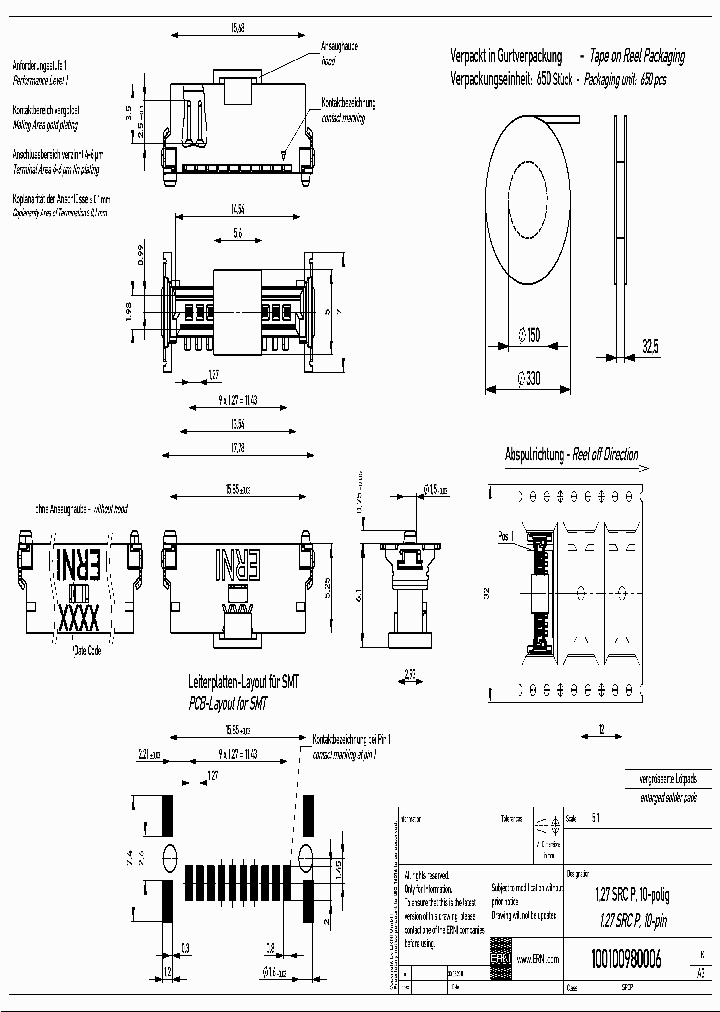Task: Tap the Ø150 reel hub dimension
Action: [527, 336]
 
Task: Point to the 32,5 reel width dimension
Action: [649, 346]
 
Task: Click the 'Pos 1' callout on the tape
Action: [506, 535]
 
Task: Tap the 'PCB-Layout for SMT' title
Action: [230, 704]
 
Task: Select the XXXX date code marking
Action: [78, 616]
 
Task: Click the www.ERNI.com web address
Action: [538, 959]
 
